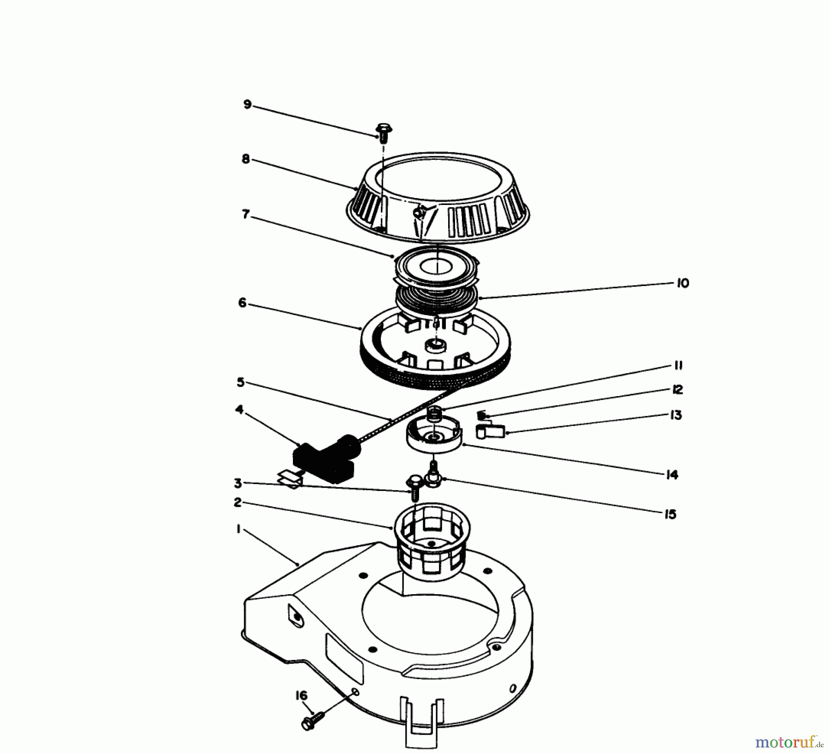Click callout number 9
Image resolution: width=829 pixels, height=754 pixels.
[247, 105]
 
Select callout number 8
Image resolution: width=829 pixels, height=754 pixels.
[245, 159]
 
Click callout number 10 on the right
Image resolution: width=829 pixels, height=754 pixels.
[683, 283]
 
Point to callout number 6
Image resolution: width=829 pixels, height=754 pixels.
[242, 303]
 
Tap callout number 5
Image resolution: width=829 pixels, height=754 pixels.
[241, 382]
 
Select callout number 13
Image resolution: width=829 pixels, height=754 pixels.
[676, 415]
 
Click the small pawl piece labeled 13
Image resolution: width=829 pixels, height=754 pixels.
[489, 432]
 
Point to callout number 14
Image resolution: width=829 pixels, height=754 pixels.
[672, 474]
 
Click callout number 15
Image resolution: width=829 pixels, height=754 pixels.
[671, 514]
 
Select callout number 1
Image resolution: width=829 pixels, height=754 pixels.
[238, 530]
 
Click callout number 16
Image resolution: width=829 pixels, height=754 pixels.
[301, 696]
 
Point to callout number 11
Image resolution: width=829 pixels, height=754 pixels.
[678, 366]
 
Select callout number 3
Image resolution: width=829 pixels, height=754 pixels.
[238, 483]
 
